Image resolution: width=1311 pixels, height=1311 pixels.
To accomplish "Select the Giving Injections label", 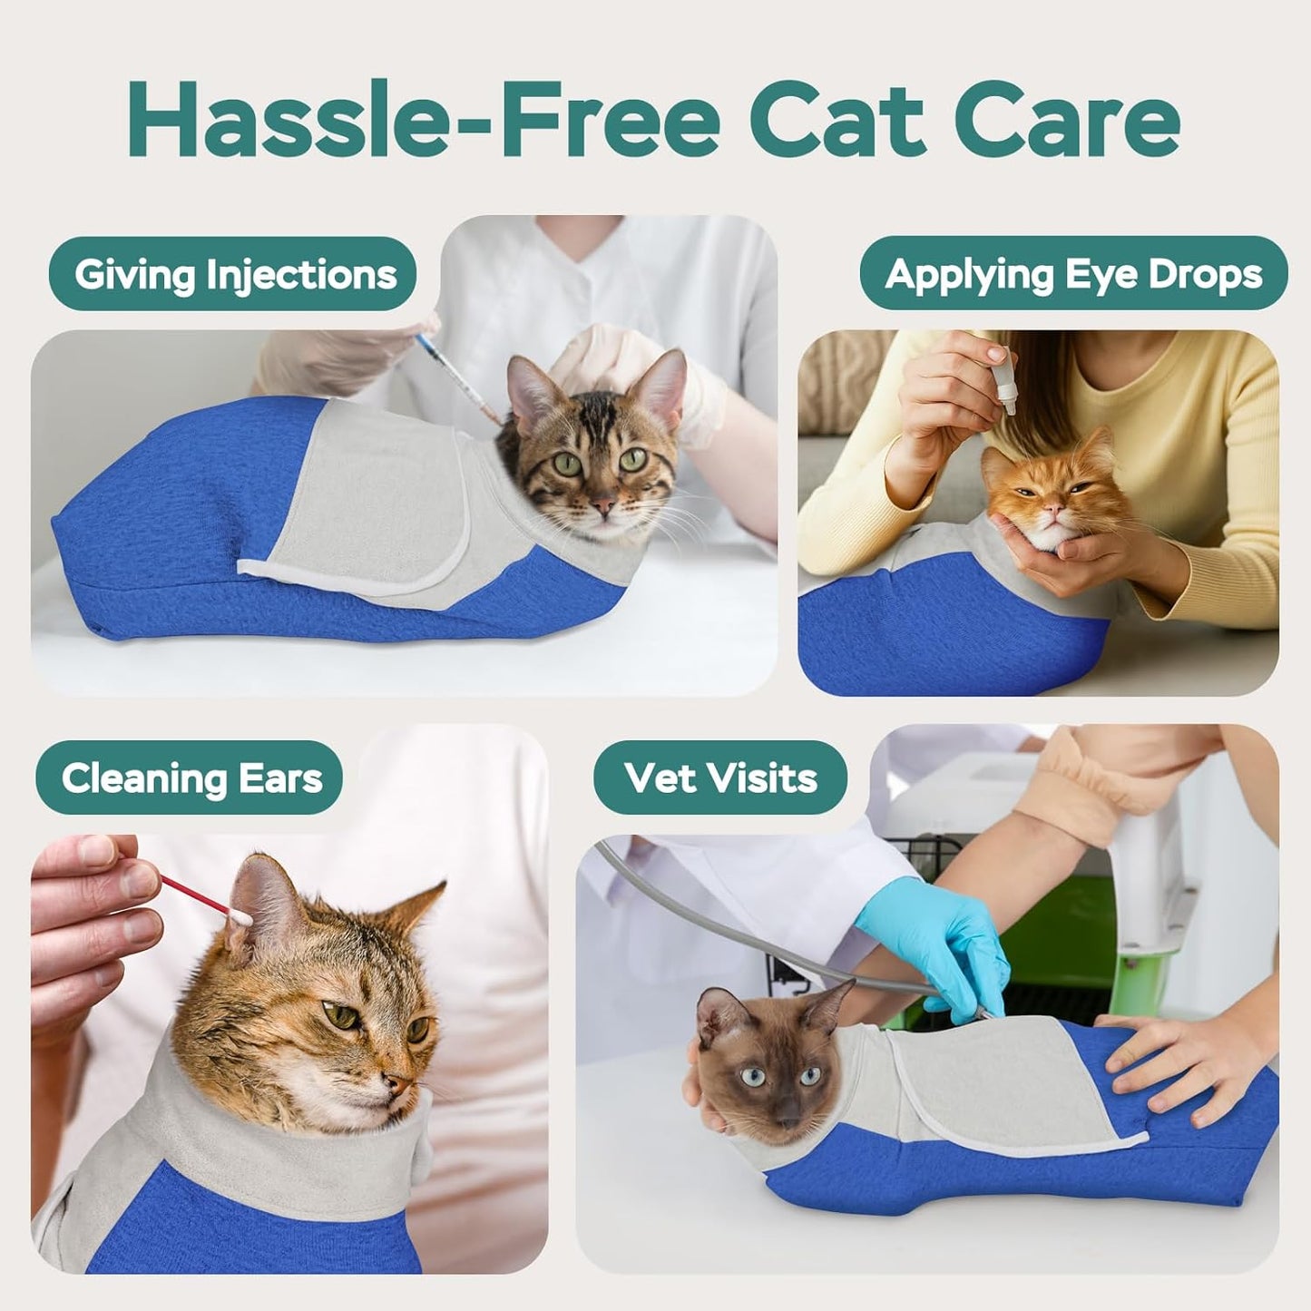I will pos(235,274).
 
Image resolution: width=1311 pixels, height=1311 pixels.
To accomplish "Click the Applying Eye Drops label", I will pos(1073,274).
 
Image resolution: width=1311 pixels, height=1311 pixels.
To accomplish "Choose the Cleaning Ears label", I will pos(191,778).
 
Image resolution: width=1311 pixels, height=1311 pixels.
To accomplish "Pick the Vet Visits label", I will pos(720,778).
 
